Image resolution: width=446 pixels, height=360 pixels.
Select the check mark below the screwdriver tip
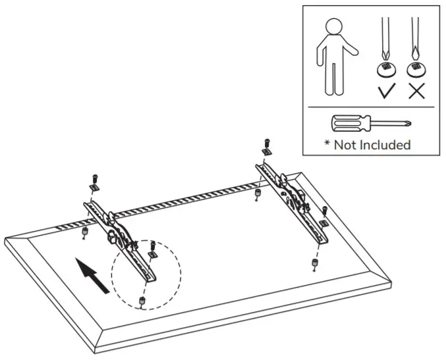[386, 91]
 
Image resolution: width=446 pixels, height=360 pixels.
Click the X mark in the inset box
[416, 91]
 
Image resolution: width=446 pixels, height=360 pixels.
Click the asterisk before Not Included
[327, 143]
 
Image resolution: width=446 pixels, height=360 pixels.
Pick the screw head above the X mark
[416, 68]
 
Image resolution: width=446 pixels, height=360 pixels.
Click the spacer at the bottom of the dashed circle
[142, 302]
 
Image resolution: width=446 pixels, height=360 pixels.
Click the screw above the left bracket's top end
[94, 178]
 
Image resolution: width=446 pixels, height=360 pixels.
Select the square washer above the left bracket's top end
[94, 188]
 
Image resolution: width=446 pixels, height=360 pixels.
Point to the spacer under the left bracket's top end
[86, 232]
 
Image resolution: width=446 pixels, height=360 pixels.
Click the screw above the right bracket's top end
[266, 142]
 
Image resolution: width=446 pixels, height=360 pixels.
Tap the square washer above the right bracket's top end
[266, 152]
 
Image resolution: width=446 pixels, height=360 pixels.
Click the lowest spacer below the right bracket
[314, 264]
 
